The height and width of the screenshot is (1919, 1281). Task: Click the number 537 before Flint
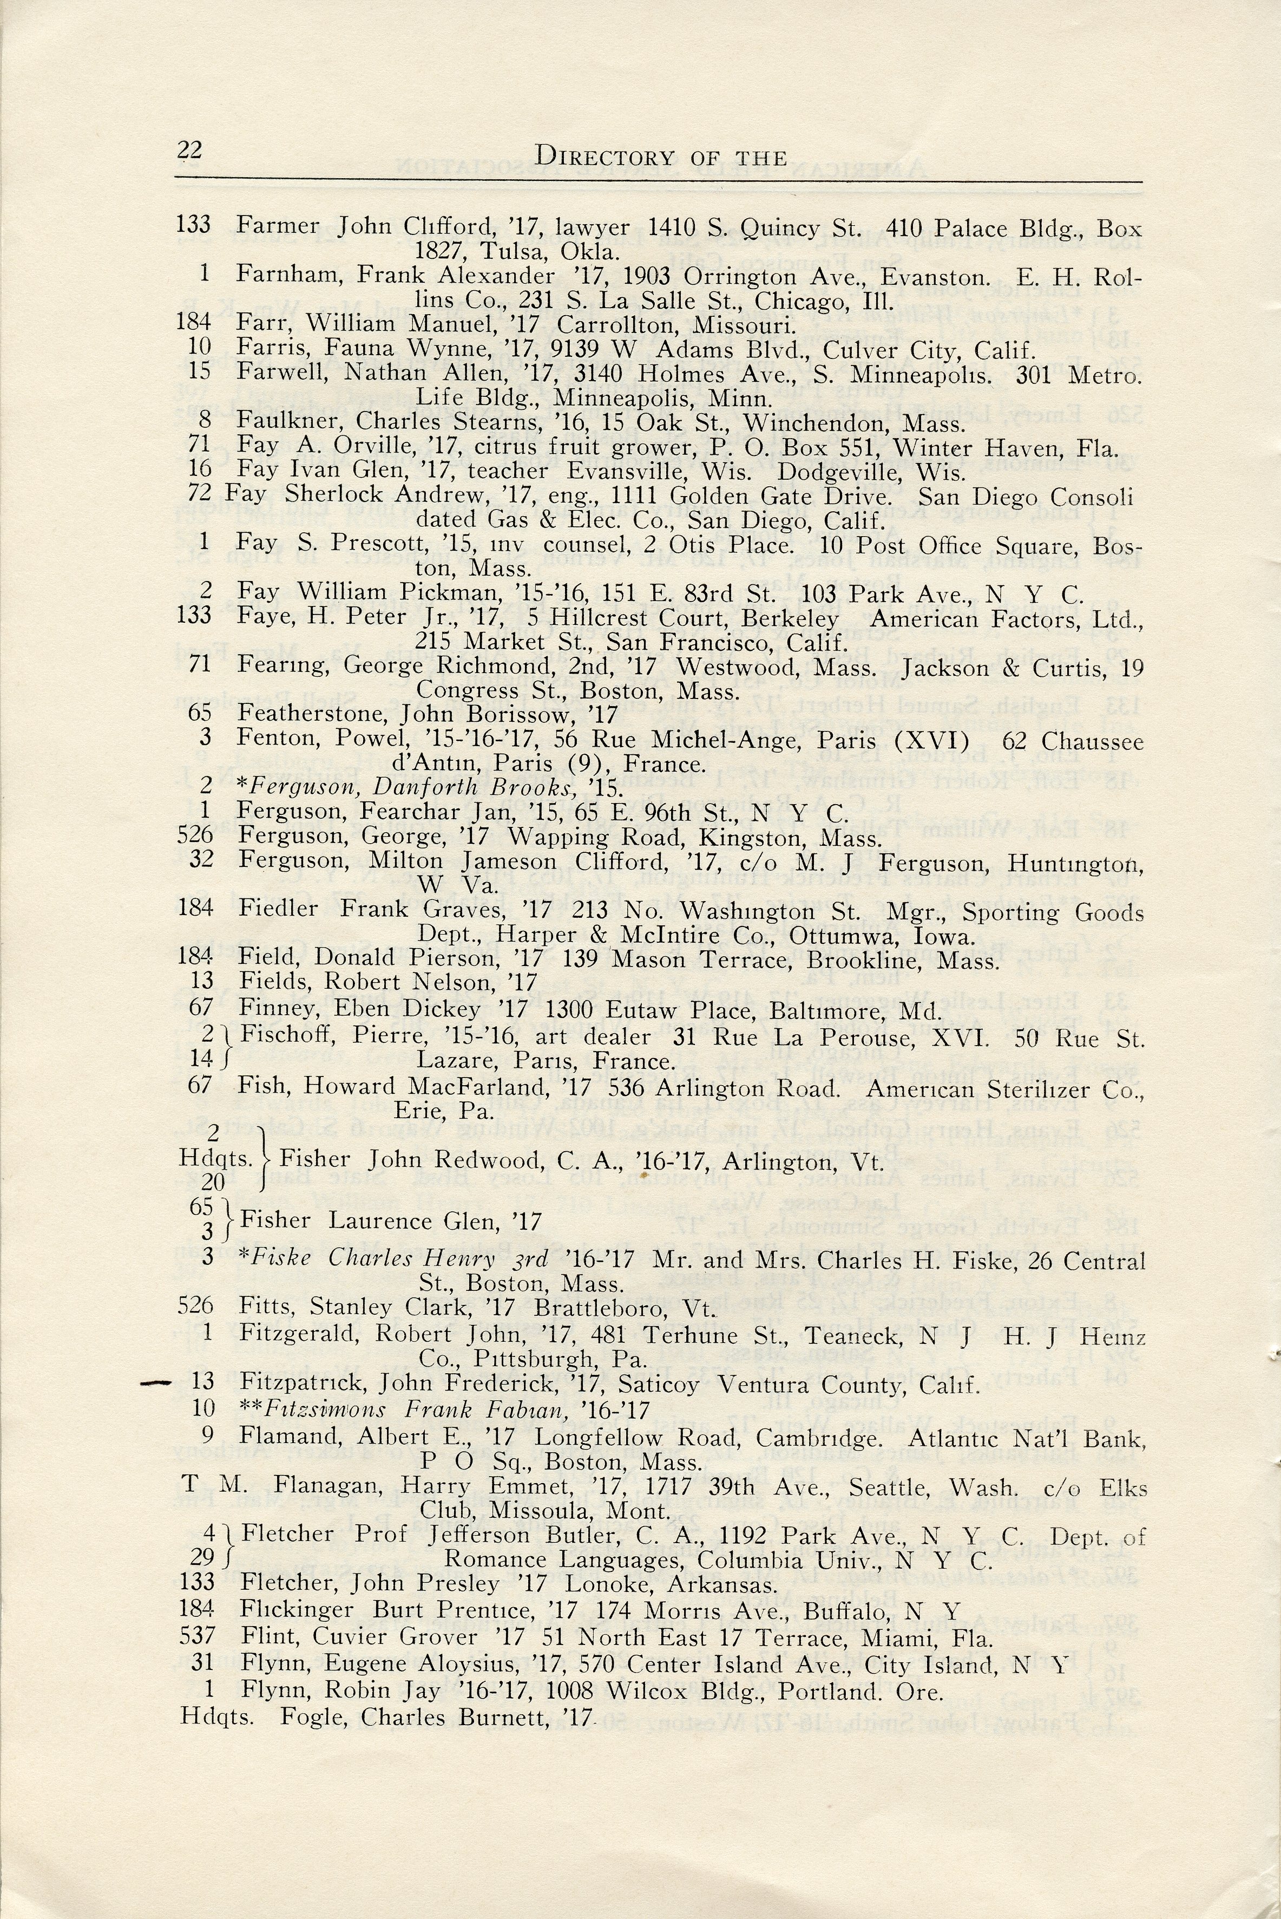pyautogui.click(x=195, y=1637)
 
